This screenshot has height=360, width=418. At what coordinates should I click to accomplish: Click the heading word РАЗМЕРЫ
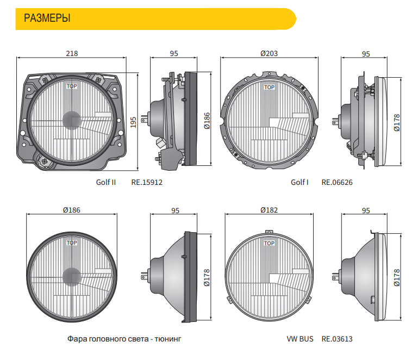coord(47,18)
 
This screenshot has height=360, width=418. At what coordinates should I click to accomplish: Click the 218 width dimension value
coord(72,53)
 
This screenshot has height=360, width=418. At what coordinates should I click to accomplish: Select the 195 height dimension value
coord(133,122)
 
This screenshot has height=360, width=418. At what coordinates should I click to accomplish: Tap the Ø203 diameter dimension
coord(269,53)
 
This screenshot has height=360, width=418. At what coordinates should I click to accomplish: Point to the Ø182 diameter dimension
coord(269,210)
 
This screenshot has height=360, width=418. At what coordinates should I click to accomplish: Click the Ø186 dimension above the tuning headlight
coord(71,210)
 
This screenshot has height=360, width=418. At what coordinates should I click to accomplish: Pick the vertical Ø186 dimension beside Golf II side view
coord(207,121)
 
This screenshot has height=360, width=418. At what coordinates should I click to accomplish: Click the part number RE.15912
coord(147,182)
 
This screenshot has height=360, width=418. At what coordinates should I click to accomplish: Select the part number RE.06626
coord(337,182)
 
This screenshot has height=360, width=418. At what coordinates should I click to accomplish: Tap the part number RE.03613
coord(337,339)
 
